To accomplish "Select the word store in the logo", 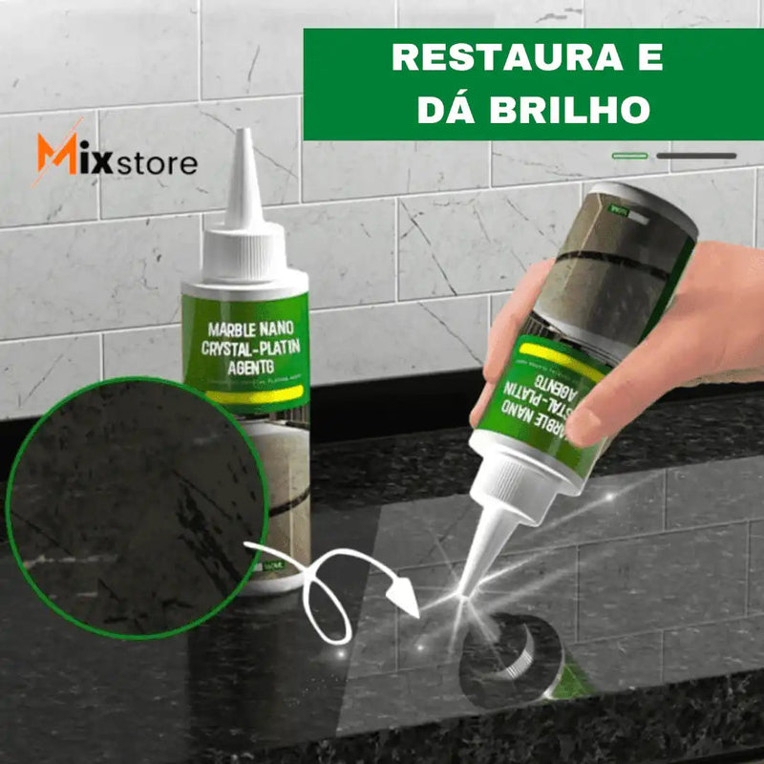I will (x=157, y=162).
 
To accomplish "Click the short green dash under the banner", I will (x=629, y=156).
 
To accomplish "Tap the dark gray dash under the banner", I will (x=696, y=156).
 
